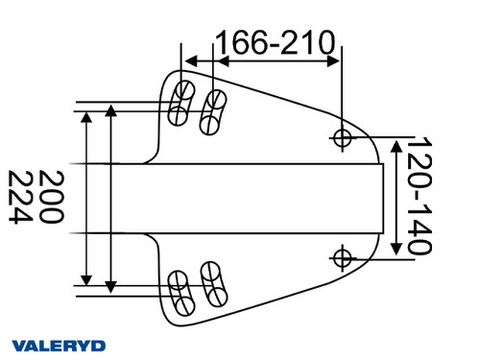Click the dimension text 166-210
coord(276,42)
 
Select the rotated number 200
coord(53,198)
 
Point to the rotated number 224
coord(21,198)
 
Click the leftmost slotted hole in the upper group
coord(179,104)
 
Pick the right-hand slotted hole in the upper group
coord(212,112)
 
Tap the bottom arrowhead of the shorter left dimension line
coord(112,285)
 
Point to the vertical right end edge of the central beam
coord(385,198)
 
